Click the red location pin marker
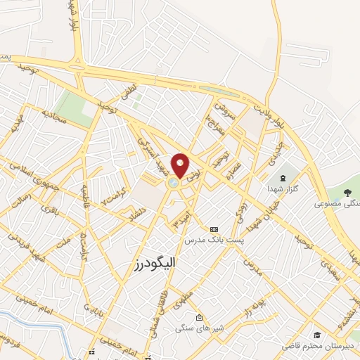pyautogui.click(x=181, y=165)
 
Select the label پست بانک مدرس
pyautogui.click(x=214, y=240)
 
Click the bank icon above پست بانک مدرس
pyautogui.click(x=214, y=229)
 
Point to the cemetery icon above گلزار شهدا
pyautogui.click(x=283, y=176)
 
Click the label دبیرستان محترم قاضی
pyautogui.click(x=318, y=347)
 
